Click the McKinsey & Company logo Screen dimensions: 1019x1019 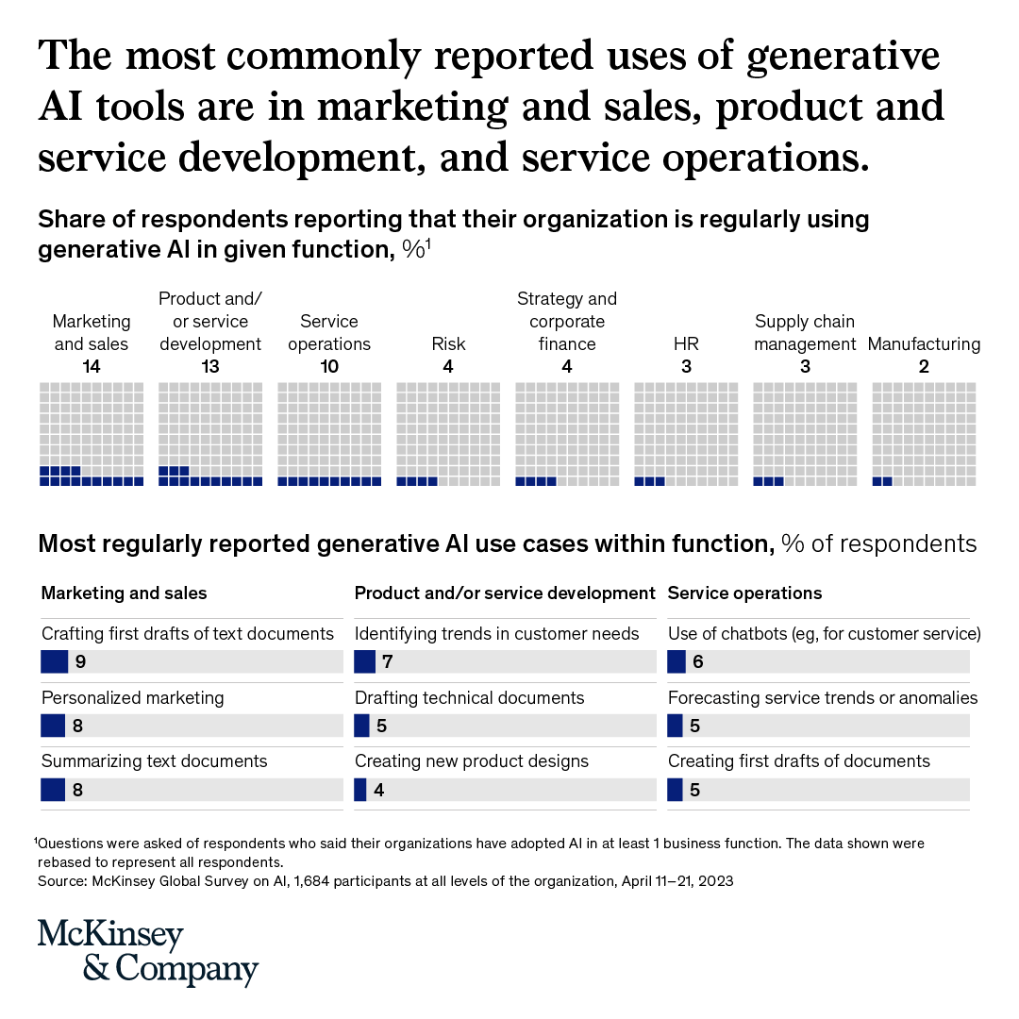147,952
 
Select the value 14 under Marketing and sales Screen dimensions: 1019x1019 92,367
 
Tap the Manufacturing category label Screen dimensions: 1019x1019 924,344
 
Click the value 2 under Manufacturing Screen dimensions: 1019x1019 924,367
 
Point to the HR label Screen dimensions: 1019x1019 686,344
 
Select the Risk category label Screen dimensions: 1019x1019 448,344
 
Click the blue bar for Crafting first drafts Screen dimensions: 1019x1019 55,661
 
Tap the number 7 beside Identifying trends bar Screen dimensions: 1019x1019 388,661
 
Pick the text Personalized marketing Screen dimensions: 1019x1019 133,698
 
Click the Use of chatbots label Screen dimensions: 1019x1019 824,634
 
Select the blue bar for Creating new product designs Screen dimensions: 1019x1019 359,789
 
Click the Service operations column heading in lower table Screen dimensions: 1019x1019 744,593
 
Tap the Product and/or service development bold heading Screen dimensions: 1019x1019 505,593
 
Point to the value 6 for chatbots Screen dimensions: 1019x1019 698,661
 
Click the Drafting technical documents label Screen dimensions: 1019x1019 469,698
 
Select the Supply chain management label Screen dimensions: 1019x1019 805,333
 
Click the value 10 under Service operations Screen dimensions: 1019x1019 329,367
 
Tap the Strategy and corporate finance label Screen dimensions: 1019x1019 567,322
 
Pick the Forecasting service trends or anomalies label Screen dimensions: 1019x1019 823,698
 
